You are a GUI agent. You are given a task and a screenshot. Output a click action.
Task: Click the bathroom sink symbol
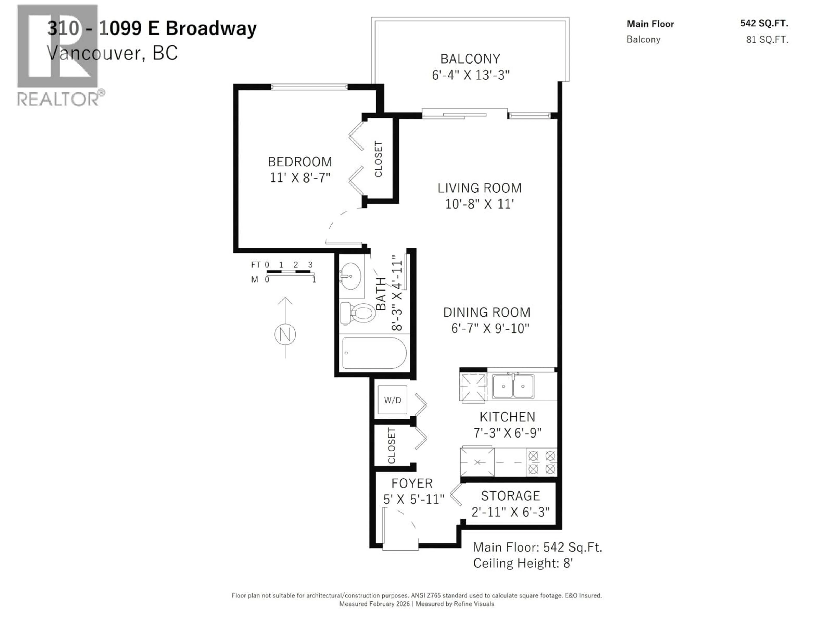351,276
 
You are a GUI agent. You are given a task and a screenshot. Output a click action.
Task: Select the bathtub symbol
374,353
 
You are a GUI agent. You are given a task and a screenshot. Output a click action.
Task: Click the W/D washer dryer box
392,400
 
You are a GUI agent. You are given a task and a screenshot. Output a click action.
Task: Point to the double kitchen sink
513,386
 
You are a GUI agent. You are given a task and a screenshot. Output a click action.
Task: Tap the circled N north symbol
285,334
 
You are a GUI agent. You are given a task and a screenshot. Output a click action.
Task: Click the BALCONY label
470,59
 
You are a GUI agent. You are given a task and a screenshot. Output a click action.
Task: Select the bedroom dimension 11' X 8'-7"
300,178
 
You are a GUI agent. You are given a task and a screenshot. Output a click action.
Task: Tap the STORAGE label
510,496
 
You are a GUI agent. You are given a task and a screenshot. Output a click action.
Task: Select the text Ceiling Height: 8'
523,563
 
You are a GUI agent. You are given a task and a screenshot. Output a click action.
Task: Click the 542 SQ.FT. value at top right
764,23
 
